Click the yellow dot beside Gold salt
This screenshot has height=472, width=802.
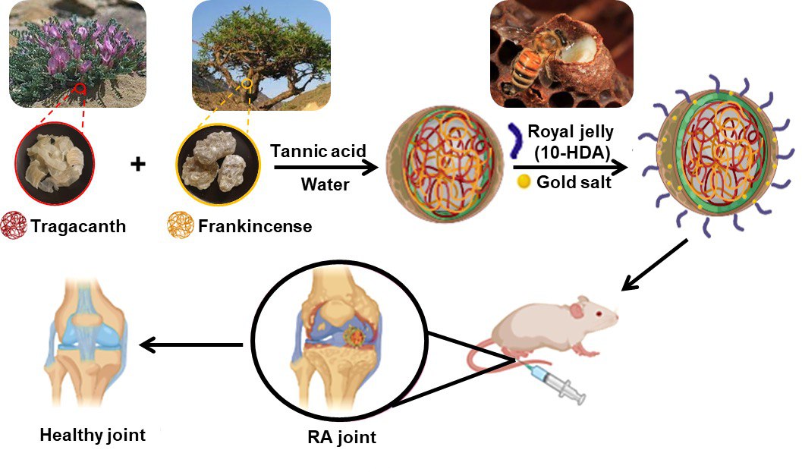tap(523, 181)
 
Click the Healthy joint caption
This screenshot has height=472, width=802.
tap(93, 436)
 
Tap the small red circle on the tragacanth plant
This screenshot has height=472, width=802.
tap(81, 89)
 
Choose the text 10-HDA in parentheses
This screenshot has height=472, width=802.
tap(572, 153)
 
